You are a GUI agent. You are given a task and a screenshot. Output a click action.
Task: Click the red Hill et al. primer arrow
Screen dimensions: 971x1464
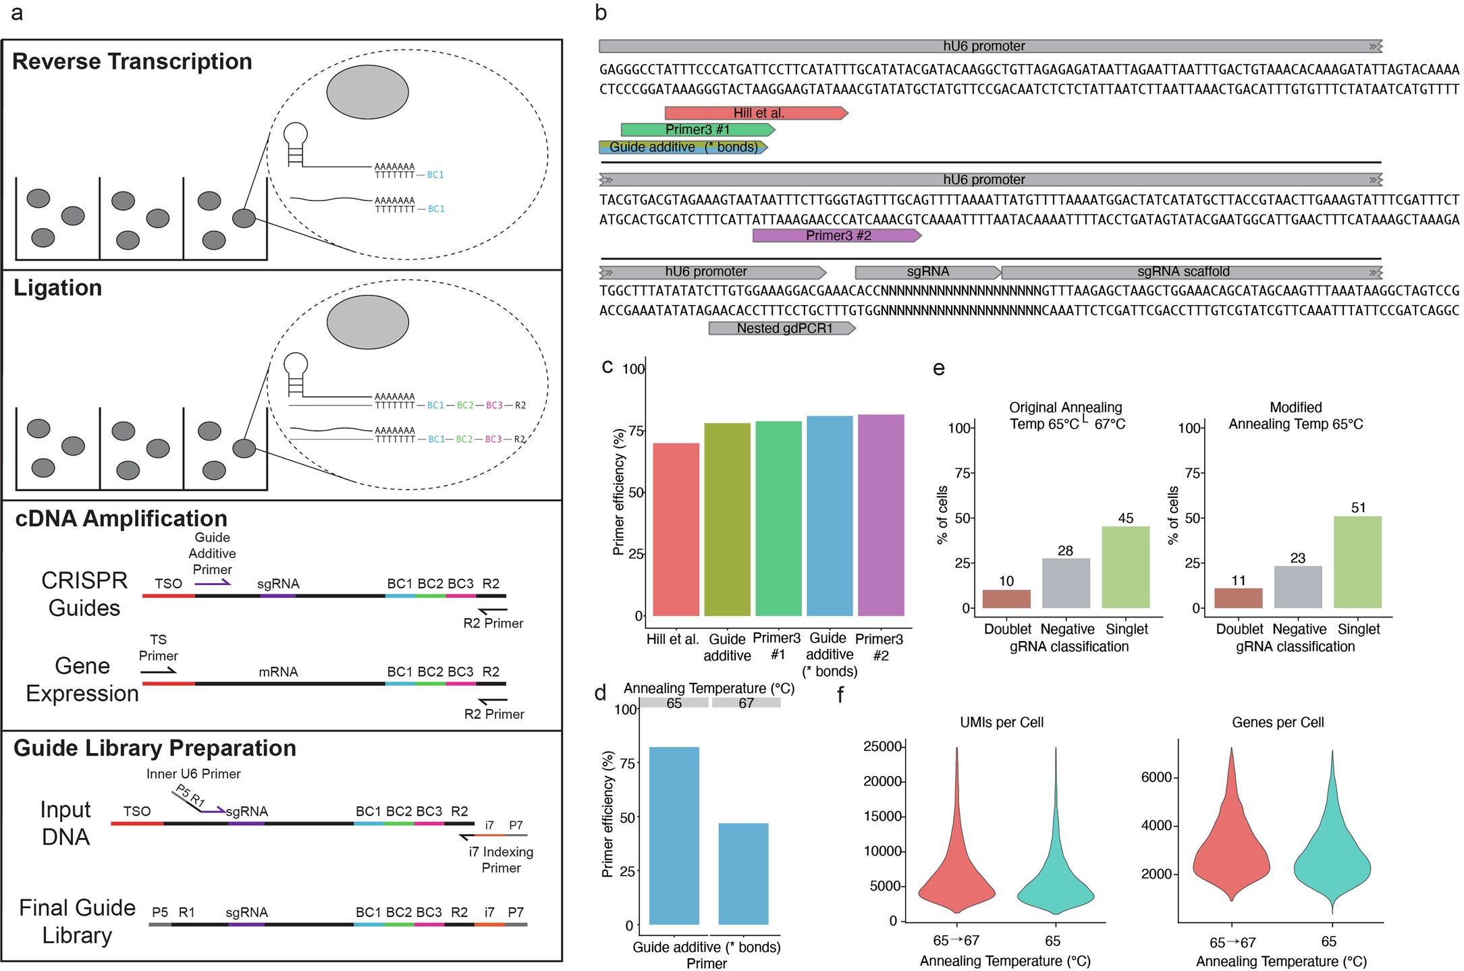(756, 113)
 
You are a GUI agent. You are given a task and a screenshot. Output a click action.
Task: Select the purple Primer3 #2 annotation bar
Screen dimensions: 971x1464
(837, 235)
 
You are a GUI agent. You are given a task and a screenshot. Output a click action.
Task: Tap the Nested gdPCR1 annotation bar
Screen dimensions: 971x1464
(782, 329)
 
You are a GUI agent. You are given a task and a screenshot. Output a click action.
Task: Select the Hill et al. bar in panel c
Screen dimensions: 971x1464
(676, 530)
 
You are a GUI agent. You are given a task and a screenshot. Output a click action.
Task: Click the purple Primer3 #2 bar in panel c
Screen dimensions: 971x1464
(881, 516)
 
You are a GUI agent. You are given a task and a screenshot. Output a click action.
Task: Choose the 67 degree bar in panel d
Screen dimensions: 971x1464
(743, 874)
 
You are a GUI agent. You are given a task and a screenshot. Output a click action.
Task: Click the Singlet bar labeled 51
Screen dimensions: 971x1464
(1357, 562)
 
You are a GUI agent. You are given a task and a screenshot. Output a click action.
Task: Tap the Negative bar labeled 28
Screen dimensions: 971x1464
(1066, 583)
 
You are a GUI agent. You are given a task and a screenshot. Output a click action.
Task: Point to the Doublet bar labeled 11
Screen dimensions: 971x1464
(1238, 599)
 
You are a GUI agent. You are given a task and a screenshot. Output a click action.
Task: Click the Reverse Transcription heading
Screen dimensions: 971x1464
(132, 62)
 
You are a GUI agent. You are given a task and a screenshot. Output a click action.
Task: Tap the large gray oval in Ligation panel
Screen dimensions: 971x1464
(368, 322)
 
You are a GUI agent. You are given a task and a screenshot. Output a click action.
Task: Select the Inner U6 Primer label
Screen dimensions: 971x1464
(193, 774)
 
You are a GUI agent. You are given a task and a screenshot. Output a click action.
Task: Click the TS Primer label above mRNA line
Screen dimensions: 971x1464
(158, 648)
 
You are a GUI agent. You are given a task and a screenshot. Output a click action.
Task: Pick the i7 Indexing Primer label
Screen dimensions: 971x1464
(501, 860)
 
